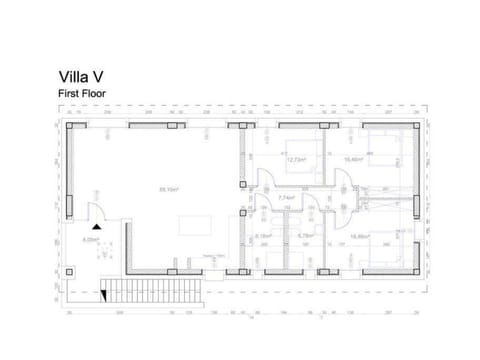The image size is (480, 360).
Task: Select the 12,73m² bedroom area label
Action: [x=295, y=158]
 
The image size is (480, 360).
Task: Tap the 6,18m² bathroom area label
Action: [x=264, y=236]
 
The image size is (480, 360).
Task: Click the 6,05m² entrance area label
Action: [x=89, y=239]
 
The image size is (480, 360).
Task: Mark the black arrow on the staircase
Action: [x=106, y=294]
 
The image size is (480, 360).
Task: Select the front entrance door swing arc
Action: [x=97, y=209]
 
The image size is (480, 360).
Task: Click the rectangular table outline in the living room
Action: [x=194, y=226]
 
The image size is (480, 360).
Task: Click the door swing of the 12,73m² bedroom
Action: [x=267, y=182]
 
